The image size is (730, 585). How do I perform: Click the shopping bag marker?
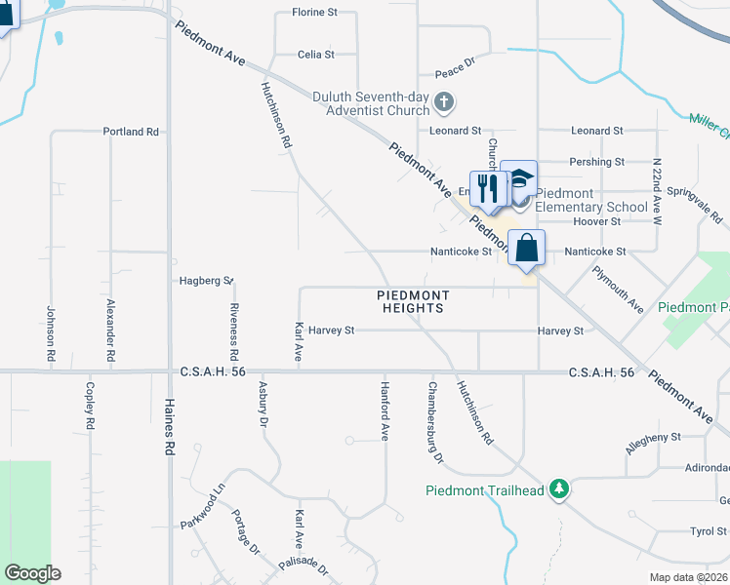[x=526, y=249]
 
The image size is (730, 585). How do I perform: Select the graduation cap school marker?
[x=519, y=180]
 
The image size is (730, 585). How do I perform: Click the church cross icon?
[x=444, y=101]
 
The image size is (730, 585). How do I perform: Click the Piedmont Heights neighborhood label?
[x=414, y=301]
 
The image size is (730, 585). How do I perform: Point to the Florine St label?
[x=314, y=13]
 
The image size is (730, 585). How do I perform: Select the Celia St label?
[x=315, y=55]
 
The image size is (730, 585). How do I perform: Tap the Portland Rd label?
[x=131, y=132]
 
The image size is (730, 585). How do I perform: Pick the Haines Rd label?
[x=169, y=430]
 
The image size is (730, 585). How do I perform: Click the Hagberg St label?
[x=206, y=281]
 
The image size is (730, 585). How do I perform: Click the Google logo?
[x=32, y=572]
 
